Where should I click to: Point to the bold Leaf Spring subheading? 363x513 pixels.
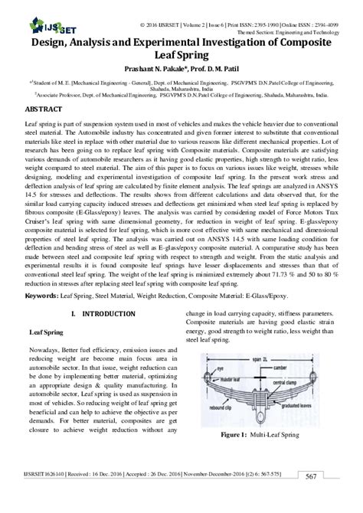coord(47,355)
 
